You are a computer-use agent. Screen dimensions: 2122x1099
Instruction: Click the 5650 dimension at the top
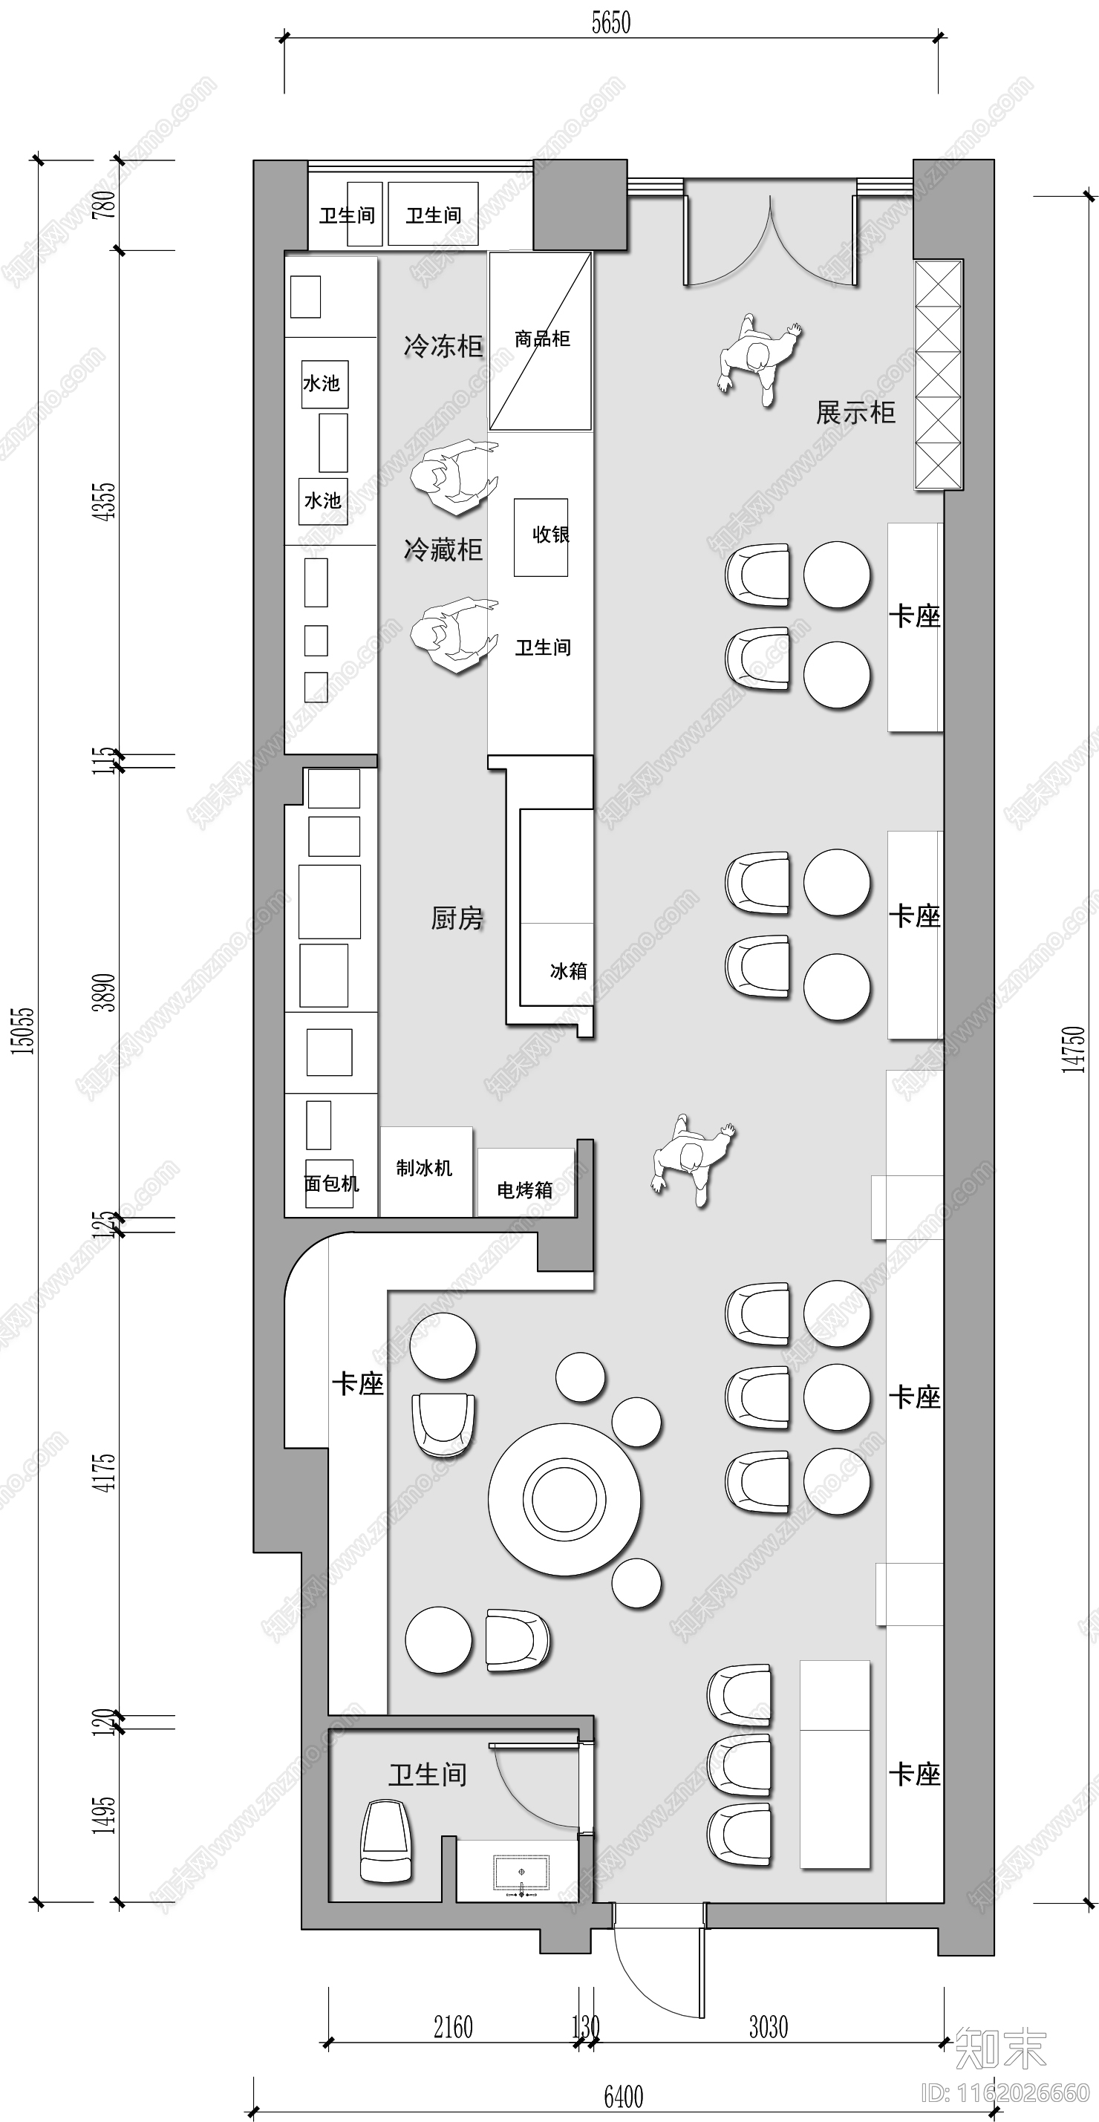pyautogui.click(x=610, y=23)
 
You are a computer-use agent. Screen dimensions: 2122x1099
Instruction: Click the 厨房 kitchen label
pyautogui.click(x=457, y=918)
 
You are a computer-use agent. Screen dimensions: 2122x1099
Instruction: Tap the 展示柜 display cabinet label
pyautogui.click(x=855, y=413)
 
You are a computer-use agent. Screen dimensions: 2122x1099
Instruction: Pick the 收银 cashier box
pyautogui.click(x=541, y=536)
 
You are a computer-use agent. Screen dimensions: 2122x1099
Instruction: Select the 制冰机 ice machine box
pyautogui.click(x=425, y=1169)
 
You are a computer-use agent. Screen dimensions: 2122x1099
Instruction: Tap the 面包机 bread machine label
pyautogui.click(x=331, y=1184)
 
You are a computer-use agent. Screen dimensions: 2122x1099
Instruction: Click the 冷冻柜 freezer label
pyautogui.click(x=443, y=346)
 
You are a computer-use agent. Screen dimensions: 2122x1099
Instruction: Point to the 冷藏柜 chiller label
pyautogui.click(x=443, y=549)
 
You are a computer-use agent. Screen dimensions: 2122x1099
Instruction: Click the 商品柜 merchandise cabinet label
pyautogui.click(x=541, y=339)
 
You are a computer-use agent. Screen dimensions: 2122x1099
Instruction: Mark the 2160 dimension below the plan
pyautogui.click(x=453, y=2027)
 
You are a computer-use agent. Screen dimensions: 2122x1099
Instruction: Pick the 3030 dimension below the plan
pyautogui.click(x=768, y=2027)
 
